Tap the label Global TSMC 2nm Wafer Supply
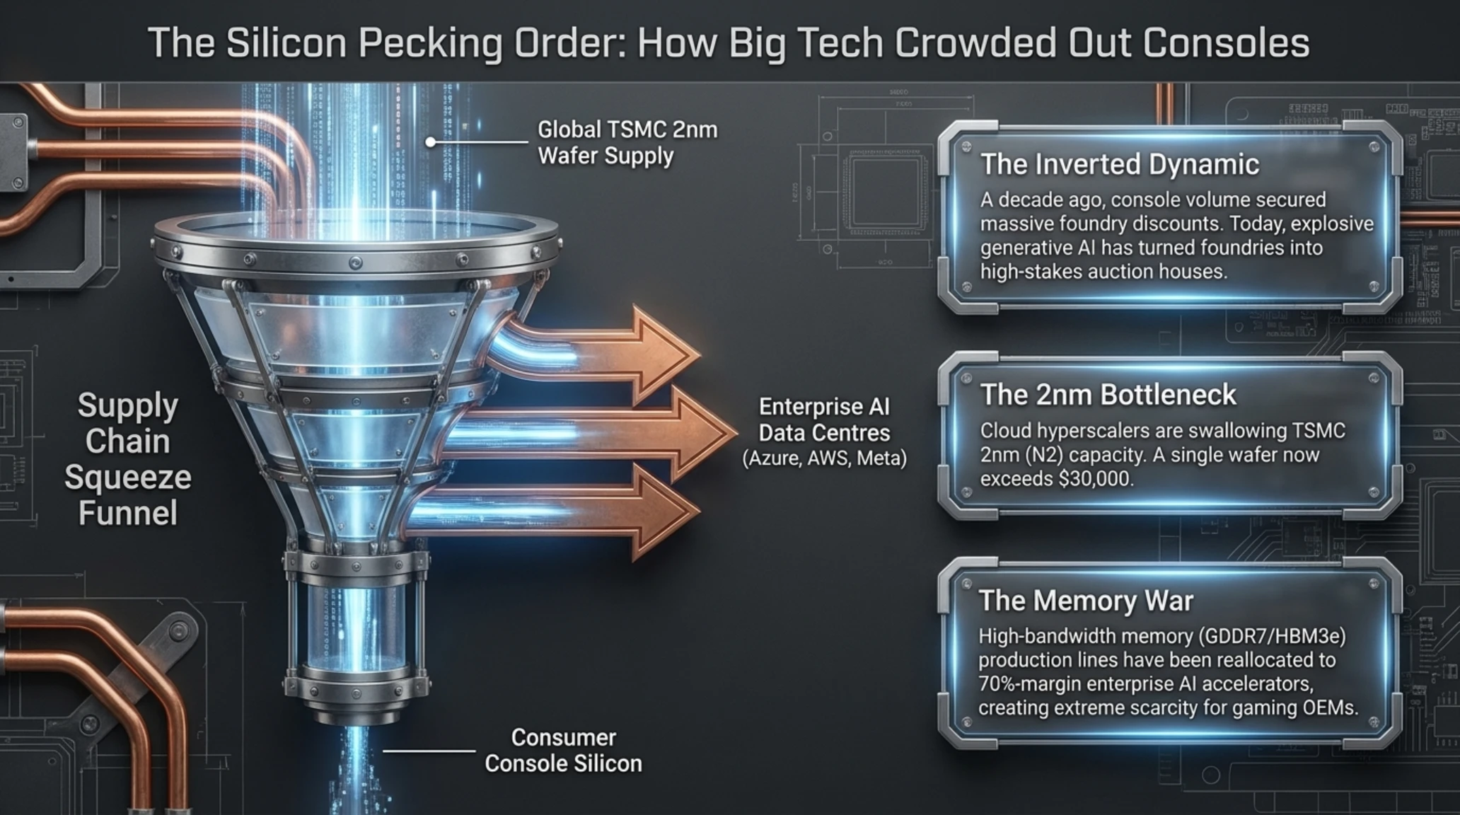click(627, 143)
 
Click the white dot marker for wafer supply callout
click(430, 142)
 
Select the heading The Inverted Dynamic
click(1120, 165)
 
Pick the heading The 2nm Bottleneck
click(1108, 395)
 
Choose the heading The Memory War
click(1086, 601)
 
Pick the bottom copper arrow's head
click(665, 514)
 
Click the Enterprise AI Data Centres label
click(824, 420)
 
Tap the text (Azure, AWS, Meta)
click(824, 458)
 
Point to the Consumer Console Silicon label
click(563, 751)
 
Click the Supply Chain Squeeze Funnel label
click(128, 458)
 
